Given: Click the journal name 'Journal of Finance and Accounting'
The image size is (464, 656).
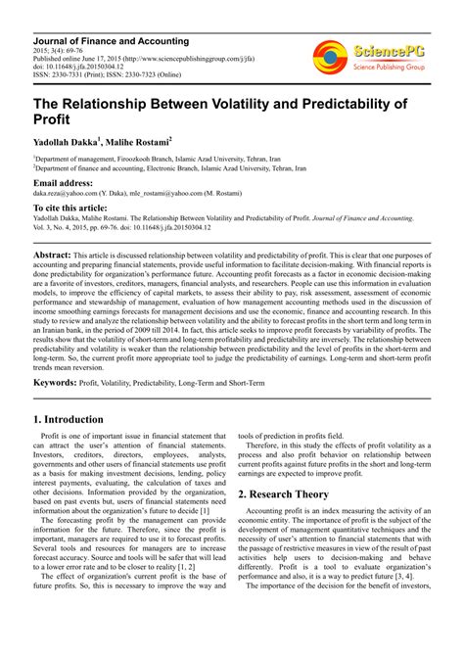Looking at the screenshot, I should (x=112, y=42).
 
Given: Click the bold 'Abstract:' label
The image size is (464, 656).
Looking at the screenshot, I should (x=52, y=254).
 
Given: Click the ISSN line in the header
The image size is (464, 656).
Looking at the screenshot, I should (x=113, y=74).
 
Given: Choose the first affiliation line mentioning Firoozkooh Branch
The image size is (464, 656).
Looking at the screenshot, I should (x=157, y=158).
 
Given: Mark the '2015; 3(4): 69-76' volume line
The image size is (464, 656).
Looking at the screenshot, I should (x=62, y=51).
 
